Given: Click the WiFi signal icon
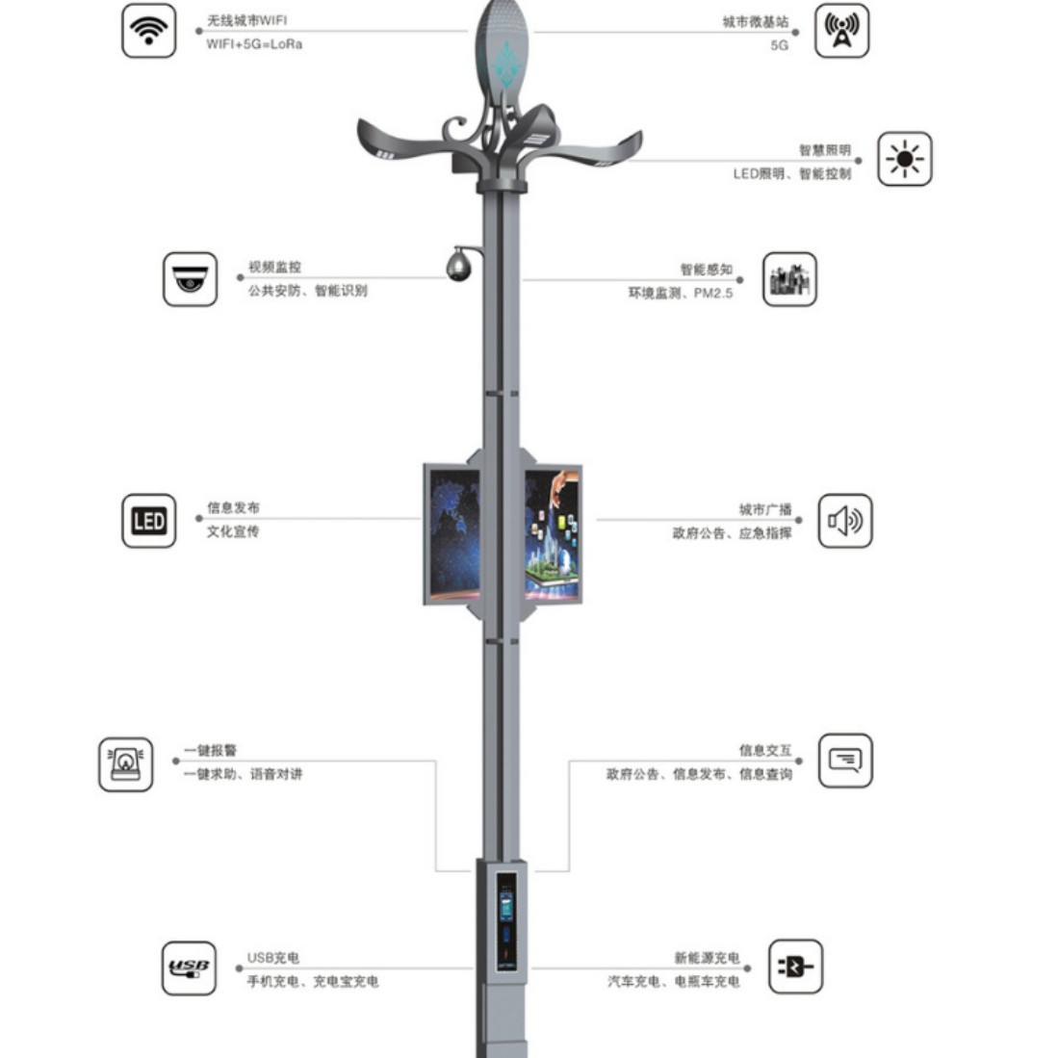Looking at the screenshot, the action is point(148,30).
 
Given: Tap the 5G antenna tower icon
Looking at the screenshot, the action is point(842,30).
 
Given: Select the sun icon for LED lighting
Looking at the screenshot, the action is point(904,159).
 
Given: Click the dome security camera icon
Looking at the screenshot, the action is point(190,279).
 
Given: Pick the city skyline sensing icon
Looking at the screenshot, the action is point(789,279).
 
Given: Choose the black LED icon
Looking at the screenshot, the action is point(148,521).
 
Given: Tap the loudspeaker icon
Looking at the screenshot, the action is point(844,521).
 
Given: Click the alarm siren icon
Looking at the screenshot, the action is point(126,764).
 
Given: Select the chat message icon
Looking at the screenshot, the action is point(844,761).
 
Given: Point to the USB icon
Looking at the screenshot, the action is point(189,968).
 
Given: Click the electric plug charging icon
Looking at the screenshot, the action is point(795,967).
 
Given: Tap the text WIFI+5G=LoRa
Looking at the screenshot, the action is point(254,44).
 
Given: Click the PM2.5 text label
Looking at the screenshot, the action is point(713,293).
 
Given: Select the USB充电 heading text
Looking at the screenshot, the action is point(272,958).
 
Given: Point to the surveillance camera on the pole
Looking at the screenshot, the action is point(458,264).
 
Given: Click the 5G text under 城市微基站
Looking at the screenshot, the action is point(779,45).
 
